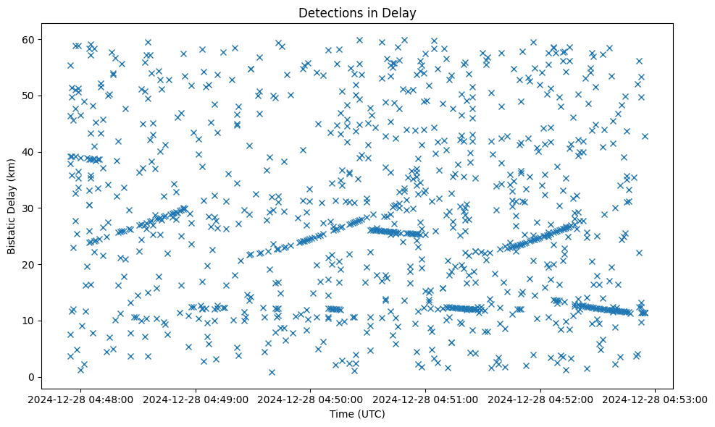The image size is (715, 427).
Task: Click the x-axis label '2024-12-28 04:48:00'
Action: (81, 399)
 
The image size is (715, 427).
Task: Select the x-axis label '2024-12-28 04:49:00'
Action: (196, 399)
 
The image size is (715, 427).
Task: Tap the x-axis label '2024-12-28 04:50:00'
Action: (311, 399)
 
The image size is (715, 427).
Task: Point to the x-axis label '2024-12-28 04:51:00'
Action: (426, 399)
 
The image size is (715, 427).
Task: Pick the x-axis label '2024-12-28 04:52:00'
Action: (541, 399)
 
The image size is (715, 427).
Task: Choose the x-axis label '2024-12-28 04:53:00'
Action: (656, 399)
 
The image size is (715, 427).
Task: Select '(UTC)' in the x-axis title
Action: (372, 415)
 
